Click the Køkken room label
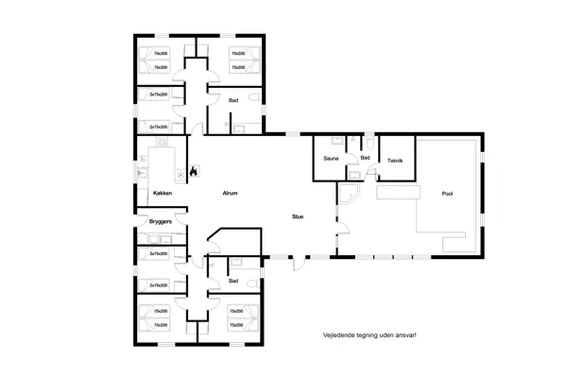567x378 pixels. pyautogui.click(x=162, y=194)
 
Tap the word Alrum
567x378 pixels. pyautogui.click(x=229, y=194)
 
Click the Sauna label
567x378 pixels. pyautogui.click(x=331, y=159)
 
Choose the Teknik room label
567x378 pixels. pyautogui.click(x=395, y=160)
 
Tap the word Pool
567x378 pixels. pyautogui.click(x=447, y=194)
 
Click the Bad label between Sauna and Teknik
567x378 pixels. pyautogui.click(x=365, y=158)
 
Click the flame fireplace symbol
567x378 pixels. pyautogui.click(x=193, y=173)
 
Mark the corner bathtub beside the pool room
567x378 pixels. pyautogui.click(x=351, y=196)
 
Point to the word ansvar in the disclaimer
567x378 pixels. pyautogui.click(x=406, y=335)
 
